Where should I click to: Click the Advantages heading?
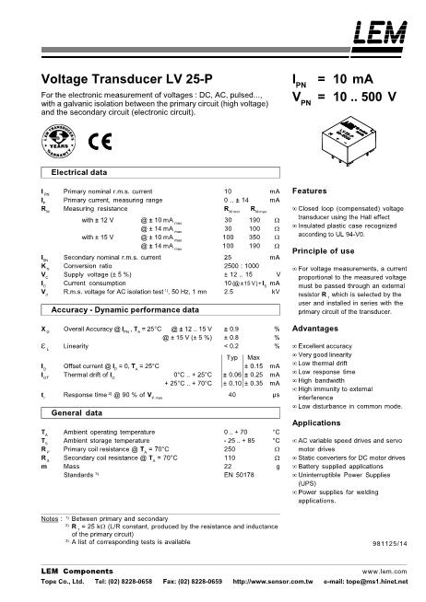pos(314,328)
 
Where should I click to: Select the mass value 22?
pos(228,466)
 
